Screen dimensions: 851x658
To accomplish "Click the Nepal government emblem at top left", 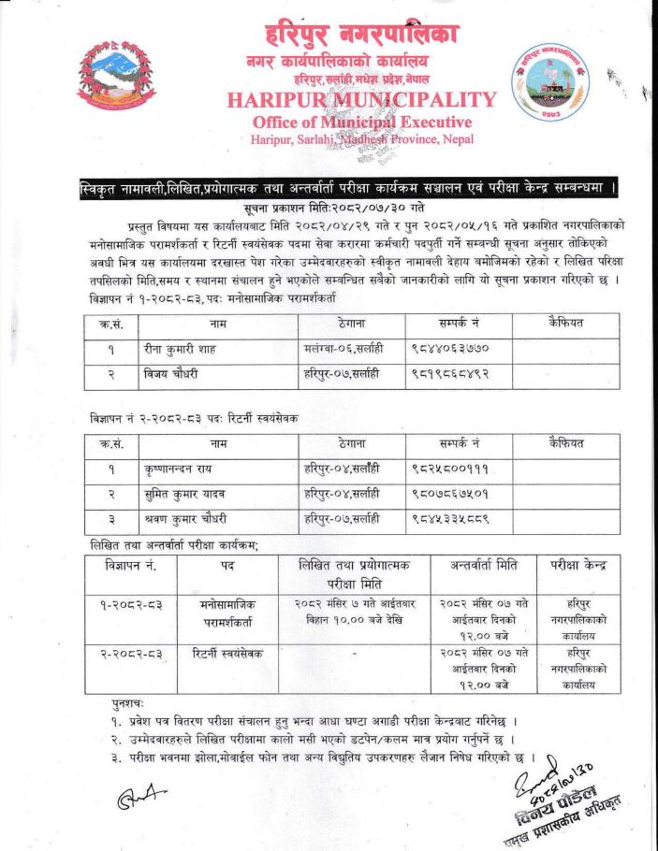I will pyautogui.click(x=118, y=79).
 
